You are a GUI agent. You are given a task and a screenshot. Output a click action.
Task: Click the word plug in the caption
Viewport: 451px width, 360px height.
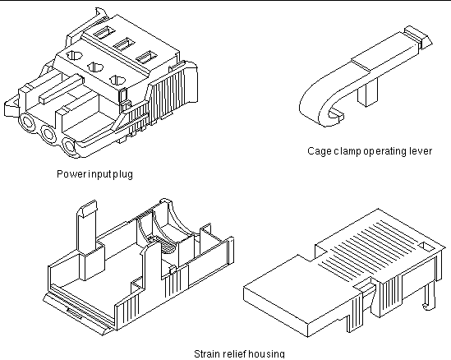point(123,175)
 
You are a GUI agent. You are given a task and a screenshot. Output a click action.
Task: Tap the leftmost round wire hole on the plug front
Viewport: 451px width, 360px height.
point(27,122)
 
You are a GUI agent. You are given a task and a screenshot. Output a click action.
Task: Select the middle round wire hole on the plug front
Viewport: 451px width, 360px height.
point(48,134)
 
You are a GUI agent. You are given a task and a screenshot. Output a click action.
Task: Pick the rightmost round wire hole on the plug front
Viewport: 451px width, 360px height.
point(69,146)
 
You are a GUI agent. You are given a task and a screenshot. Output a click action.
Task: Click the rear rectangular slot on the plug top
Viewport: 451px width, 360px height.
point(104,33)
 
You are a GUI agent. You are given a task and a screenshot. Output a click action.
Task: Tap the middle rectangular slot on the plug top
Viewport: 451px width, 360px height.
point(124,44)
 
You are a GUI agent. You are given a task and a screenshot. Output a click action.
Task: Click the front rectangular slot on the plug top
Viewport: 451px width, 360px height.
point(146,57)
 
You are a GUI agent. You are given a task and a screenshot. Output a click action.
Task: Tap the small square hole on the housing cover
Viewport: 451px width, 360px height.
point(427,247)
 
